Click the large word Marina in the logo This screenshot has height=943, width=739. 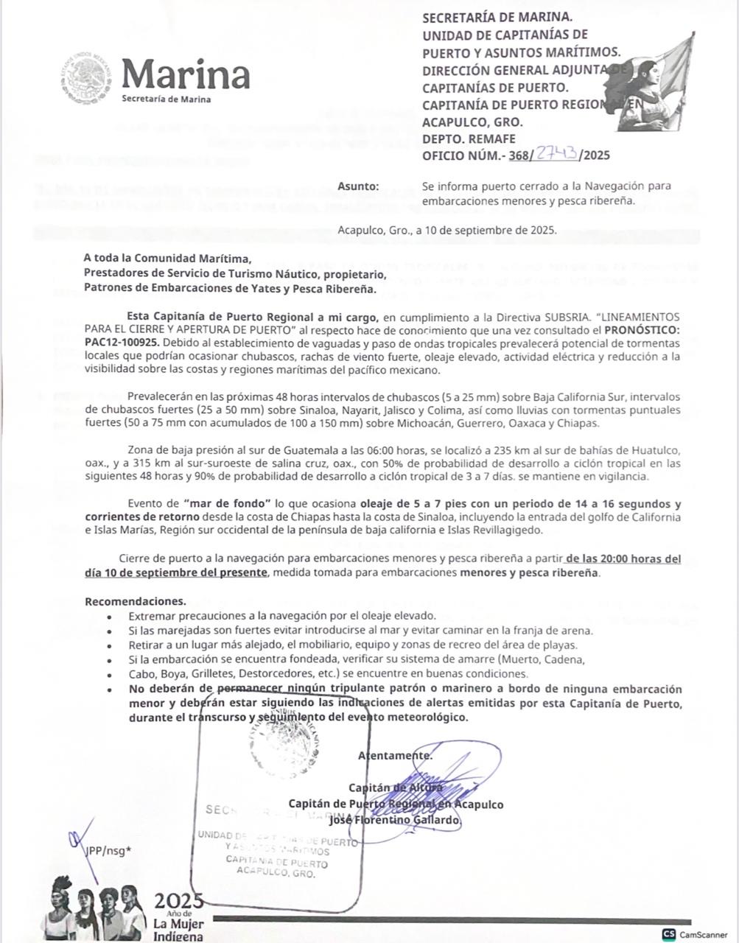click(186, 74)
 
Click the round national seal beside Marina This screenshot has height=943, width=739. click(88, 77)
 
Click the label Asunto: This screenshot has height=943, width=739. click(358, 186)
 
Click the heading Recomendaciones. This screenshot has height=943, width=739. click(135, 601)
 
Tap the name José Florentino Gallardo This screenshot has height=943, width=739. click(395, 820)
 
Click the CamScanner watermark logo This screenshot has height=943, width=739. click(696, 934)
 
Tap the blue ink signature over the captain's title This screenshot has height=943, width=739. click(442, 777)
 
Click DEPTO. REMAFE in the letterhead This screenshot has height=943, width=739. click(469, 139)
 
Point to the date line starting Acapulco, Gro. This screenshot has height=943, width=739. click(447, 229)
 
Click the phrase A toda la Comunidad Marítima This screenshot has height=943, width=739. click(167, 258)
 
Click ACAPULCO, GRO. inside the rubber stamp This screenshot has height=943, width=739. click(276, 873)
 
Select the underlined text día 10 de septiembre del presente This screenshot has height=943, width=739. click(175, 572)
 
